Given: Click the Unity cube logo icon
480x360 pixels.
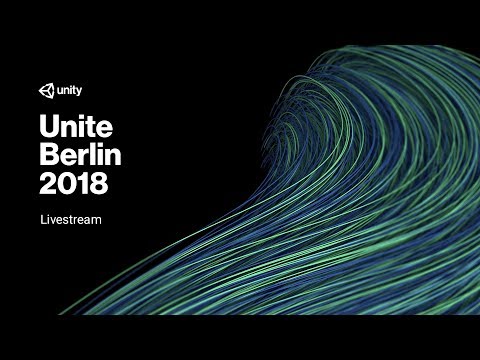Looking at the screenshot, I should coord(47,91).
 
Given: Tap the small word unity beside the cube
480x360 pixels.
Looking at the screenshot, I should coord(69,91).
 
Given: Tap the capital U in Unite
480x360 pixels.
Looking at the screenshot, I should coord(49,127).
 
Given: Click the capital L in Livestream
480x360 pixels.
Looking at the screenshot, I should coord(43,217).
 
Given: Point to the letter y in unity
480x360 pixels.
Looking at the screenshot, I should coord(79,92).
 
